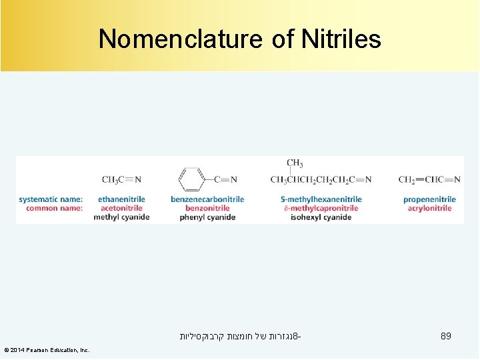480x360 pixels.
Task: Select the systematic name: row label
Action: pos(51,199)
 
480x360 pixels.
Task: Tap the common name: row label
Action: pos(54,208)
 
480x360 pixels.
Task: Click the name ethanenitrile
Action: pos(121,199)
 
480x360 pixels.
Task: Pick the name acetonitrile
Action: pos(121,208)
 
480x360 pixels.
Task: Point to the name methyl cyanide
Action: pos(121,217)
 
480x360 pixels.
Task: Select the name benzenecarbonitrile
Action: pos(207,199)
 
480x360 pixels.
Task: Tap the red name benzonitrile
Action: pos(207,208)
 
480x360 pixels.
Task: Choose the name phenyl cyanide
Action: pos(207,217)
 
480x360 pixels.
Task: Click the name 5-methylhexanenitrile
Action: pos(321,199)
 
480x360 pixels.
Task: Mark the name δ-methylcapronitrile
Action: pos(321,208)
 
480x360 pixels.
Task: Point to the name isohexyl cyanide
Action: pos(321,217)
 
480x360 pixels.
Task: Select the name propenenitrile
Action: pos(429,199)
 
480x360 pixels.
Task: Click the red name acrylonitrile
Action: pos(429,208)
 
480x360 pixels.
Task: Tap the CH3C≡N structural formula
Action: pos(121,179)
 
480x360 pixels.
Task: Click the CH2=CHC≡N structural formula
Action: pos(429,179)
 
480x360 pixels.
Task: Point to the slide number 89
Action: pos(446,337)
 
